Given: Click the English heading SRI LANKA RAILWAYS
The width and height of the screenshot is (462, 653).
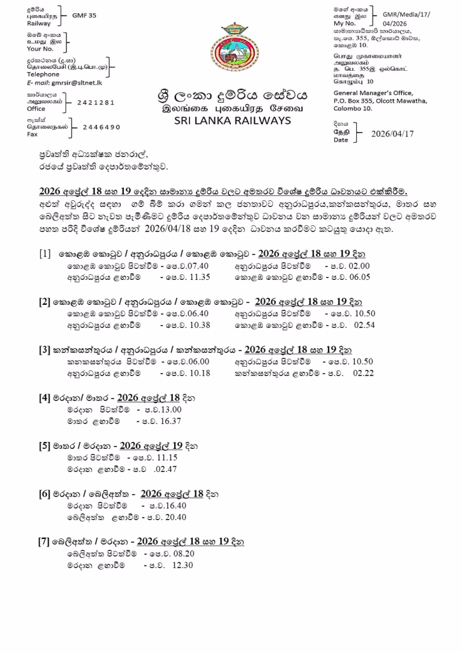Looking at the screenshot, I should (x=232, y=121).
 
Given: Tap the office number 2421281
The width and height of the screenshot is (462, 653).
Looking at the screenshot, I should (x=96, y=102).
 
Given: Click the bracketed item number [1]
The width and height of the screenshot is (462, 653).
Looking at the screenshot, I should (x=45, y=253).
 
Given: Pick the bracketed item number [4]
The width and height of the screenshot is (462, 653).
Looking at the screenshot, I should (x=45, y=397).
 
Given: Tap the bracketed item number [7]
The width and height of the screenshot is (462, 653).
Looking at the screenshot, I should (x=45, y=541).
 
